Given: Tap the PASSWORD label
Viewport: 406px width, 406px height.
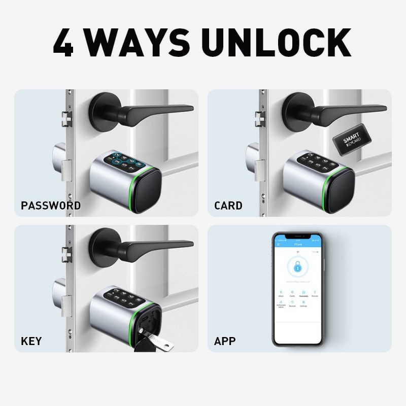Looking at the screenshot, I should pos(51,206).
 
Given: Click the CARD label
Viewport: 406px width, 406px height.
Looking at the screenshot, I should pos(228,206).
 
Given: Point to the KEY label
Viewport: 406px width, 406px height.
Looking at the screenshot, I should pos(31,341).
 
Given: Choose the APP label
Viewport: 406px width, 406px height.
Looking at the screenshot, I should pos(225,341).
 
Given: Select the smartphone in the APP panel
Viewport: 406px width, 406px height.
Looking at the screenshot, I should pos(297,289).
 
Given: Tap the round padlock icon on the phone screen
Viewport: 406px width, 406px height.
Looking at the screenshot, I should pos(297,266).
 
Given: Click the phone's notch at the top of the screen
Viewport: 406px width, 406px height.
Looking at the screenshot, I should pos(297,236).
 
